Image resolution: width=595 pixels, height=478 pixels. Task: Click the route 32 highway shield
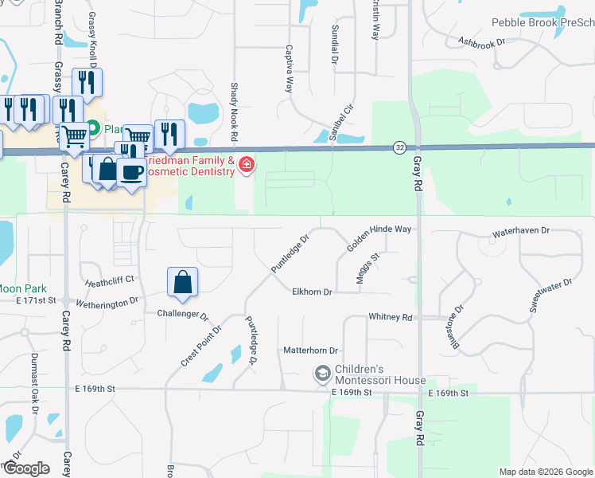point(399,147)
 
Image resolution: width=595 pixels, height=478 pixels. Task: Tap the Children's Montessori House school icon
point(322,373)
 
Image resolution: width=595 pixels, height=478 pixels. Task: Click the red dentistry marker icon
point(247,165)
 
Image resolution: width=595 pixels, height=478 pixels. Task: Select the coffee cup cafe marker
point(131,171)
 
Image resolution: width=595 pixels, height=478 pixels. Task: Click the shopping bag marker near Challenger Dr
point(183,282)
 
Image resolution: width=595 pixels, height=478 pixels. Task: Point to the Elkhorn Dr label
point(311,292)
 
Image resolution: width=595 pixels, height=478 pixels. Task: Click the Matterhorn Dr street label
point(311,351)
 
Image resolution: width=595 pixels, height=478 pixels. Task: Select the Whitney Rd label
point(391,317)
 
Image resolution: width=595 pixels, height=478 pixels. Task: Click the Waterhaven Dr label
point(521,230)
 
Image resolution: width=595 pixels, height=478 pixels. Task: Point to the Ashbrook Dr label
point(482,42)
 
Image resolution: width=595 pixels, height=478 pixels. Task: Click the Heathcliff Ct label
point(110,280)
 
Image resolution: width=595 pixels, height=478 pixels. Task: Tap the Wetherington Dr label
point(107,303)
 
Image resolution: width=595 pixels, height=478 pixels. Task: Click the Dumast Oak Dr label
point(35,383)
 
